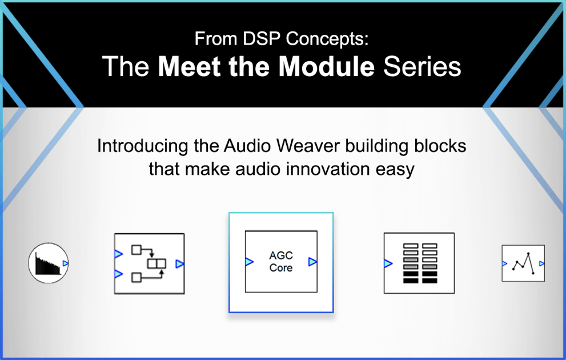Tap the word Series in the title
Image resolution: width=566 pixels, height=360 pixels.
(x=422, y=67)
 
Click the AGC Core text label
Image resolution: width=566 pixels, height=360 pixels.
(x=281, y=262)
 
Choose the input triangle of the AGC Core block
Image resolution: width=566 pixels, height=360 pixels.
(x=249, y=262)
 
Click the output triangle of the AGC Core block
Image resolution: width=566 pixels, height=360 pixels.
(x=312, y=262)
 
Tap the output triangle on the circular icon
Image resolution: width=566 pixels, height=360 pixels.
(x=65, y=263)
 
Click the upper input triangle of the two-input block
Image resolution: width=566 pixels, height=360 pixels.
(x=118, y=254)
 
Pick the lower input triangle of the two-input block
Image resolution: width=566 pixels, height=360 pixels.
(x=118, y=274)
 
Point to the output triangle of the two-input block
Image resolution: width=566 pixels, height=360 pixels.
(x=180, y=263)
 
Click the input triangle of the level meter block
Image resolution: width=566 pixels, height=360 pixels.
(x=388, y=263)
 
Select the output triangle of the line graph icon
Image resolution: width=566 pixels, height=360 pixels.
(x=541, y=263)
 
